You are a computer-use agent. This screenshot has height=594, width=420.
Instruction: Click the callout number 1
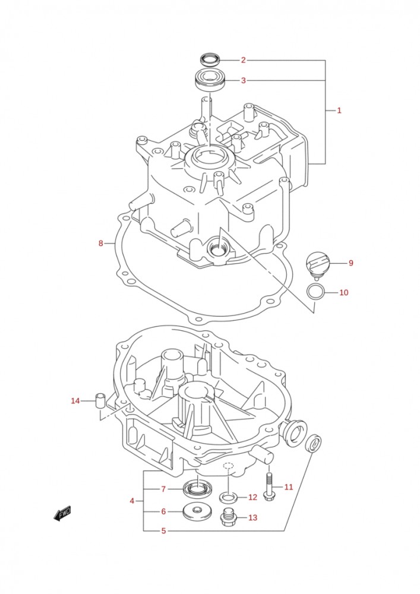click(x=339, y=110)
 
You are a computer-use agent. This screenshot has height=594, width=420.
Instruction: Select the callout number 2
click(x=243, y=60)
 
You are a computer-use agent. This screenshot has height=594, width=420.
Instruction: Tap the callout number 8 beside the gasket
click(x=101, y=243)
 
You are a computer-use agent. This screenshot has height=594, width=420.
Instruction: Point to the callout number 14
click(x=75, y=401)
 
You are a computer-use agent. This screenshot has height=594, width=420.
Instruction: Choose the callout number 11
click(x=288, y=487)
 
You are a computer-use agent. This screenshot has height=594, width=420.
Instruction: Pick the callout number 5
click(x=163, y=531)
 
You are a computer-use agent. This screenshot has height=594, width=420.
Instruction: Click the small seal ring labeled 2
click(x=209, y=59)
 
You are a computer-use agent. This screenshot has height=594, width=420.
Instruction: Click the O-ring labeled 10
click(x=315, y=292)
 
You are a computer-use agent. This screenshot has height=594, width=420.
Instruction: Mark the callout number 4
click(x=132, y=501)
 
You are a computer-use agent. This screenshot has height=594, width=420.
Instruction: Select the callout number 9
click(x=350, y=263)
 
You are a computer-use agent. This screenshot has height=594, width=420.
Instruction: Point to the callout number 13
click(x=252, y=517)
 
